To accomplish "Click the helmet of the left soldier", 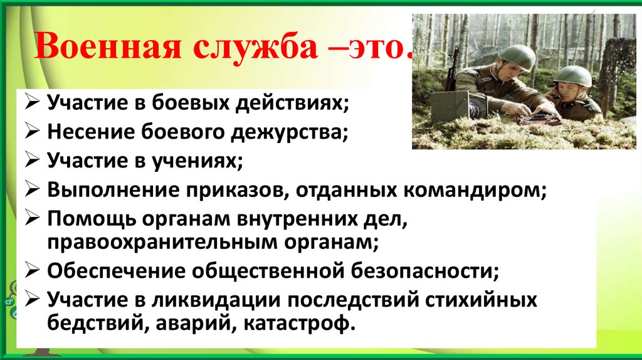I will pyautogui.click(x=517, y=57).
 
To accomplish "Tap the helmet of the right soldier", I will pyautogui.click(x=573, y=76).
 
